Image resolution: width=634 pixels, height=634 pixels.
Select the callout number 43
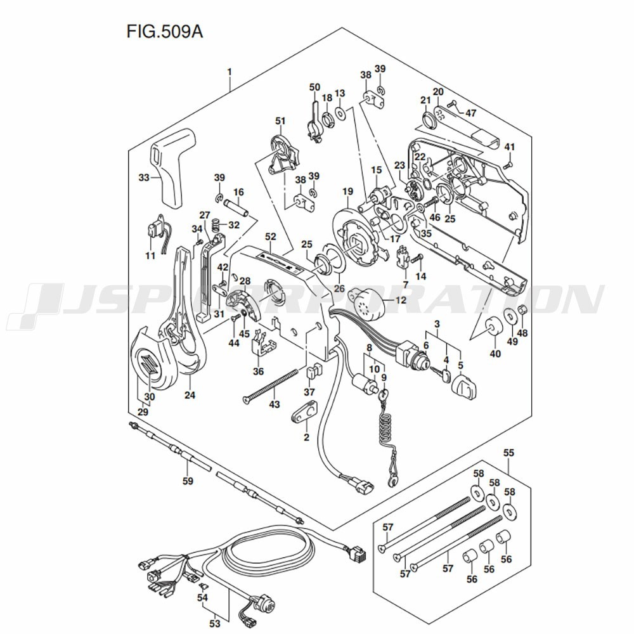(x=274, y=404)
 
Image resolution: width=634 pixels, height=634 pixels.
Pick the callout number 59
(x=187, y=481)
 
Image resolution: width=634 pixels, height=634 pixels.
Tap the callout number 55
(x=508, y=453)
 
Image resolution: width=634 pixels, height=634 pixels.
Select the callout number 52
(x=271, y=236)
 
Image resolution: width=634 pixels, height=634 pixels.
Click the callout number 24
(x=190, y=396)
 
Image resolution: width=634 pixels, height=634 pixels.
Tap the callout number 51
(x=280, y=120)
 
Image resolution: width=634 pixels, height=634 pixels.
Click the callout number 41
(x=510, y=148)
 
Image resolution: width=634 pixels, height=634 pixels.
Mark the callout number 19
(x=347, y=191)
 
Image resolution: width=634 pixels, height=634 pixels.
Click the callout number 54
(x=202, y=597)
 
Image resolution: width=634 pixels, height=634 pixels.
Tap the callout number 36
(x=258, y=372)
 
